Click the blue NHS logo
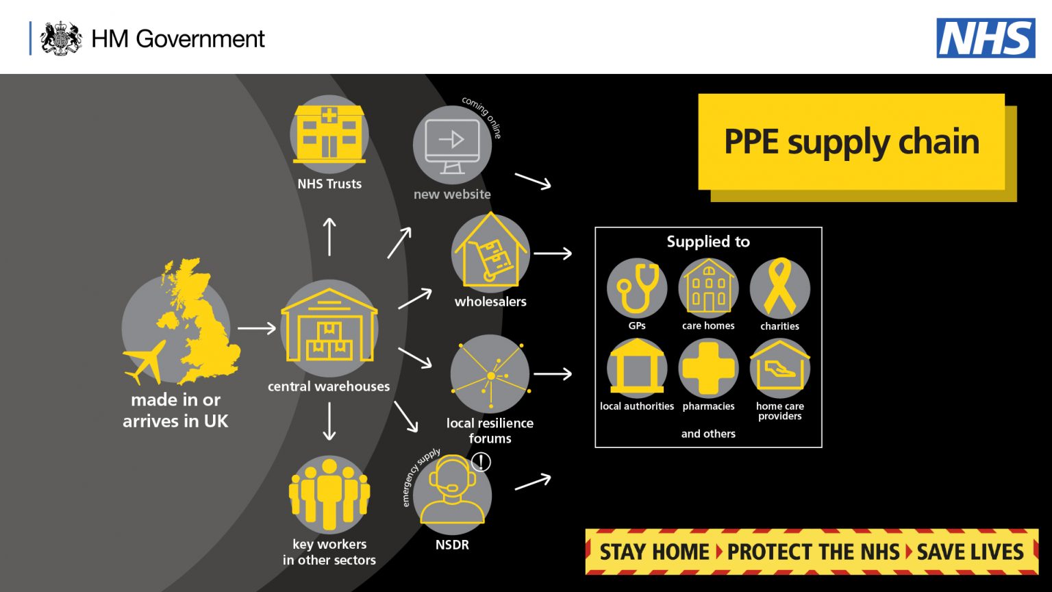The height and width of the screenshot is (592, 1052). pyautogui.click(x=986, y=38)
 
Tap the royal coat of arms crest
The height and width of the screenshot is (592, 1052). pyautogui.click(x=61, y=38)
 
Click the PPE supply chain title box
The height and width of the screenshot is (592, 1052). pyautogui.click(x=851, y=142)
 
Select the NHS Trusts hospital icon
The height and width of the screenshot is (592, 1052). pyautogui.click(x=329, y=134)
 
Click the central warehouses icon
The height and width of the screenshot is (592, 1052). pyautogui.click(x=329, y=328)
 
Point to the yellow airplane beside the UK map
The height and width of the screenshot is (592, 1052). pyautogui.click(x=145, y=362)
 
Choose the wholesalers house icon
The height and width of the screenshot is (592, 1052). pyautogui.click(x=490, y=253)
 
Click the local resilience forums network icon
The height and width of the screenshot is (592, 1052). pyautogui.click(x=490, y=374)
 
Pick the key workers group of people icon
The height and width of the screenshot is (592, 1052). pyautogui.click(x=329, y=494)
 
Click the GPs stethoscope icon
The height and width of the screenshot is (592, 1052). pyautogui.click(x=637, y=288)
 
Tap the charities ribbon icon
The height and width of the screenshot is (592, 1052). pyautogui.click(x=779, y=288)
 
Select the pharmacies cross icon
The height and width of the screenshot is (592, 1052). pyautogui.click(x=708, y=368)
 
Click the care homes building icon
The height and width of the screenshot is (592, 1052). pyautogui.click(x=708, y=288)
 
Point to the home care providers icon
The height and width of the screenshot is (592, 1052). pyautogui.click(x=779, y=368)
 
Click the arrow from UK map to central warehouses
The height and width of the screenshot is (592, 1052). pyautogui.click(x=256, y=329)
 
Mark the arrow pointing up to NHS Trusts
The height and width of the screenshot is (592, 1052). pyautogui.click(x=329, y=236)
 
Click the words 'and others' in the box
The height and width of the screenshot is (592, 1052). pyautogui.click(x=708, y=434)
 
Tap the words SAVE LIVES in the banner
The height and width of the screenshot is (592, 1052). pyautogui.click(x=970, y=552)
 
